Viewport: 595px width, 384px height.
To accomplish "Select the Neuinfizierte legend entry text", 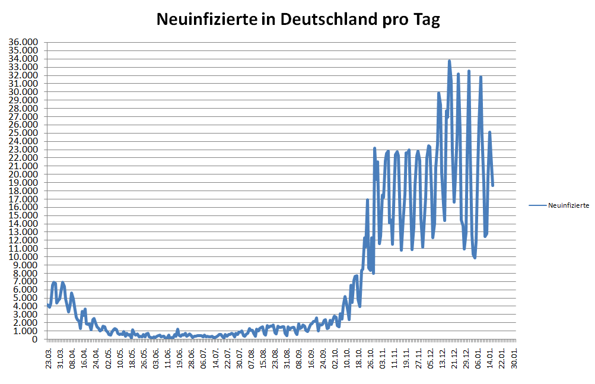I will point(568,205).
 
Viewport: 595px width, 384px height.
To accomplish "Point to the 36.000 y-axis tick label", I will point(23,42).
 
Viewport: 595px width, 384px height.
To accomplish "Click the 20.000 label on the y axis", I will point(23,174).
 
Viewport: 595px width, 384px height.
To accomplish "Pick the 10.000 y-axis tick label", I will point(23,257).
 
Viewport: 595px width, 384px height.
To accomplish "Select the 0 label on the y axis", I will point(35,339).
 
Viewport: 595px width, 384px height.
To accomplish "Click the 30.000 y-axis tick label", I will point(23,92).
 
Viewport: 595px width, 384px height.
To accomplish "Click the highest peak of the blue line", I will point(449,61).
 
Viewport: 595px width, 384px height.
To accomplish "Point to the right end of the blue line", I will point(492,185).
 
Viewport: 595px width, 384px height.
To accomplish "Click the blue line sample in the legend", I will point(537,205).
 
